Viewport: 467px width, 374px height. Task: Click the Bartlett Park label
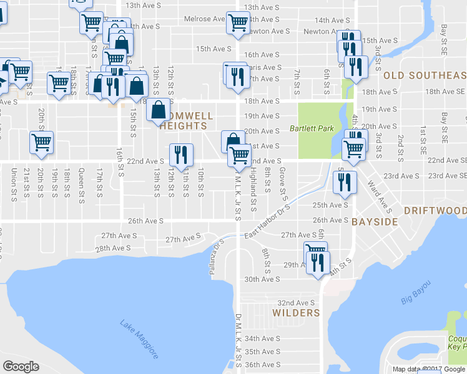coord(312,129)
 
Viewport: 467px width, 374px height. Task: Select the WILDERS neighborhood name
coord(297,313)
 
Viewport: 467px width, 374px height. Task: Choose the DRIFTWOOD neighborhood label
coord(435,210)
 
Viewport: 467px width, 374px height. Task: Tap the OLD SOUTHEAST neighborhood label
coord(425,75)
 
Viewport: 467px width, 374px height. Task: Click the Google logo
coord(21,366)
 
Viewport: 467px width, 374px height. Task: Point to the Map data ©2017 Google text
coord(428,369)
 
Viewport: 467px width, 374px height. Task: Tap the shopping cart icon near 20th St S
coord(41,142)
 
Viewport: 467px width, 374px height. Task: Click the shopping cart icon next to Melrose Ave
coord(238,22)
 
